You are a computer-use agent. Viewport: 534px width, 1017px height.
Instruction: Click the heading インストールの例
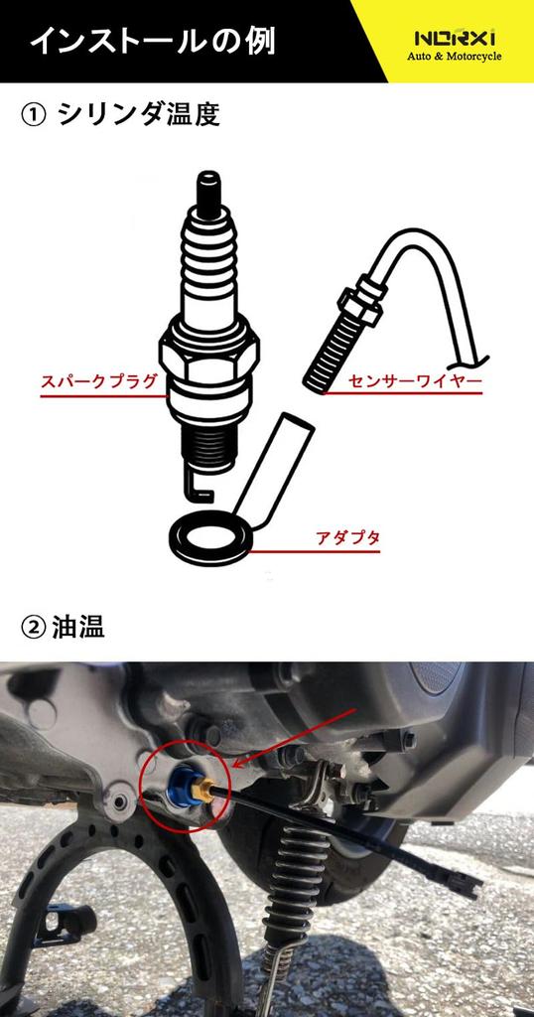pyautogui.click(x=151, y=42)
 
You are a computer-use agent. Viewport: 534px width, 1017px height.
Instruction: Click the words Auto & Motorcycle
pyautogui.click(x=455, y=57)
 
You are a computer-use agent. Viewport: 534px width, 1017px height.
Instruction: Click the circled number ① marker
pyautogui.click(x=33, y=115)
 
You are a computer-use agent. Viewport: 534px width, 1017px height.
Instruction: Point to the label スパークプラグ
pyautogui.click(x=98, y=380)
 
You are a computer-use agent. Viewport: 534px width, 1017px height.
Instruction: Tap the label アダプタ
pyautogui.click(x=347, y=537)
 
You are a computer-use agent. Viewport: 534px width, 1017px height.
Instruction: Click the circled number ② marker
pyautogui.click(x=33, y=629)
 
